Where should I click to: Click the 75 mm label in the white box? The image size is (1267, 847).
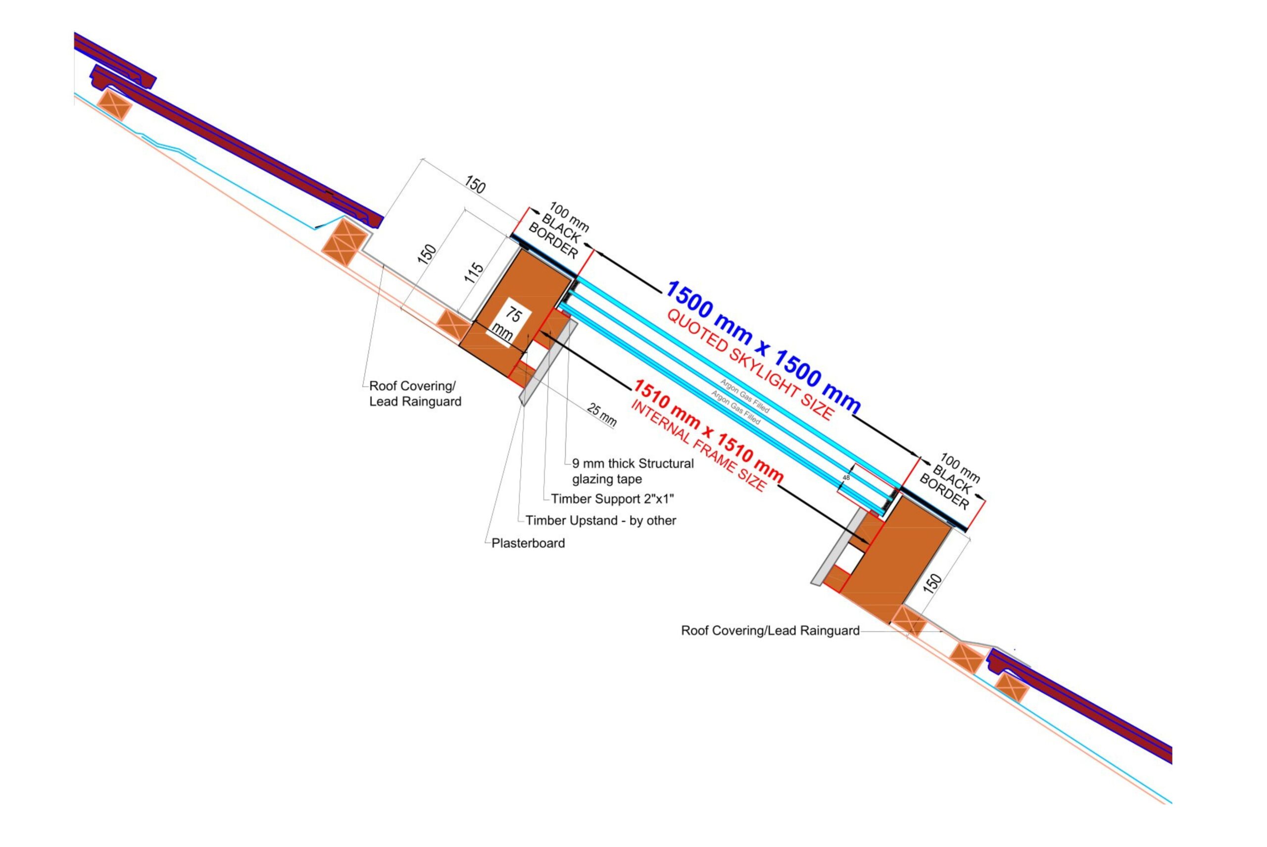point(508,324)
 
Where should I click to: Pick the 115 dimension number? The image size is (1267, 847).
point(474,273)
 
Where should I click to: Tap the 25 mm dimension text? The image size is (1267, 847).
point(602,415)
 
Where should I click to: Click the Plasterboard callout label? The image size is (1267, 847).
point(528,544)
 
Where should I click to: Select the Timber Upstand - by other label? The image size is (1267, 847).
point(600,521)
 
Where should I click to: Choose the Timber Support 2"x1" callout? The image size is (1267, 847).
point(612,499)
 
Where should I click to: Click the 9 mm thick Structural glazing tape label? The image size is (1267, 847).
point(633,471)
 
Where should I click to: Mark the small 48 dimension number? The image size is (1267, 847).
point(846,478)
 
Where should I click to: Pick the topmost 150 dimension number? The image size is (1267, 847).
point(475,185)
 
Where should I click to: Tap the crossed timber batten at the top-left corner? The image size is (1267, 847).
point(114,105)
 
